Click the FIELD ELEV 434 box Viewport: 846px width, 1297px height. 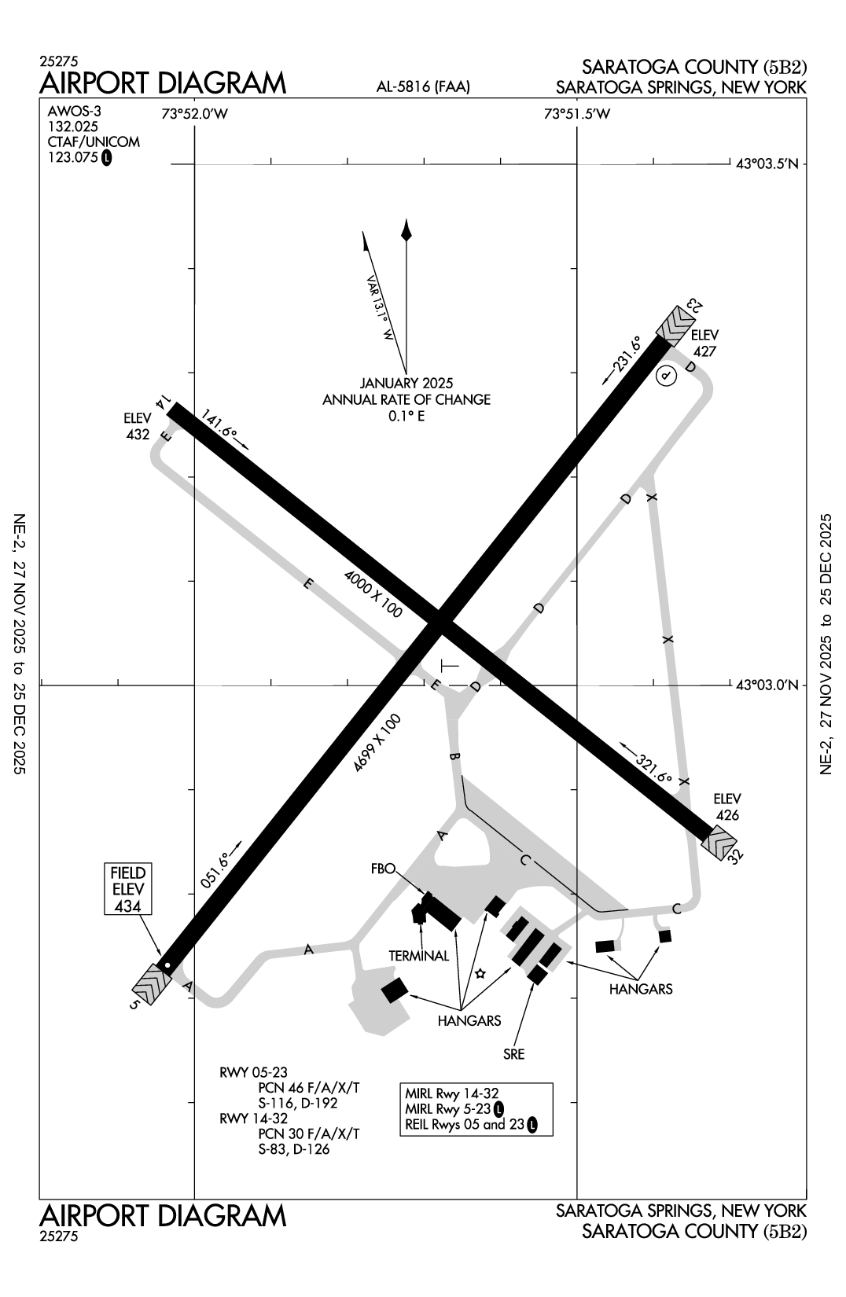(128, 889)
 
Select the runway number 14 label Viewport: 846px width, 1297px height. (162, 402)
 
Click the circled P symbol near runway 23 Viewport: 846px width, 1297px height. (666, 377)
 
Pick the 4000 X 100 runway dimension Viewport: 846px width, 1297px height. (373, 594)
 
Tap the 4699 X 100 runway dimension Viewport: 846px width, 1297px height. (377, 743)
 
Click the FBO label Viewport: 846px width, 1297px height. (382, 869)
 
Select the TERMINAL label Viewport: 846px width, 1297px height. (419, 956)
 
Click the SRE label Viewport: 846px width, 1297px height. (514, 1054)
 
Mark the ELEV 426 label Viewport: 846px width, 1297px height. (727, 807)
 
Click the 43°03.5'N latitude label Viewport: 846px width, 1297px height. (767, 164)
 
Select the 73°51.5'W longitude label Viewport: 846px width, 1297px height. (577, 114)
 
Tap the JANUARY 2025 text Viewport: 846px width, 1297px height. (406, 384)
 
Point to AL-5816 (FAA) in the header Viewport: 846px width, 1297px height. (423, 87)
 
